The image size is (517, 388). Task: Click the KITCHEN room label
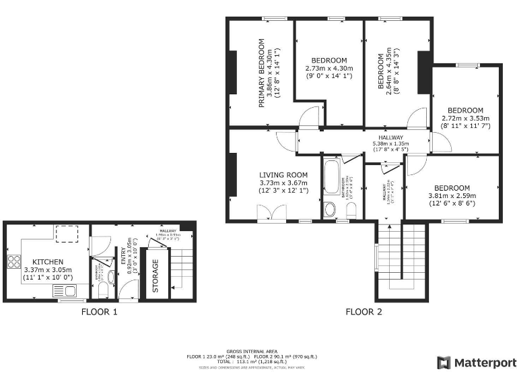tap(48, 261)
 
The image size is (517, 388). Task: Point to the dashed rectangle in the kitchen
tap(67, 233)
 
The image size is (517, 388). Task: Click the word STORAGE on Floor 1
tap(156, 276)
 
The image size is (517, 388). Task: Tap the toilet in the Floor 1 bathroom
tap(102, 290)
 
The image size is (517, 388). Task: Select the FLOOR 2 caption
tap(364, 312)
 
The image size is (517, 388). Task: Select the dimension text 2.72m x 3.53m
tap(465, 119)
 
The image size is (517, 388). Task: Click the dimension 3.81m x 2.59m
tap(452, 197)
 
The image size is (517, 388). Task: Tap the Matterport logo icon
tap(444, 363)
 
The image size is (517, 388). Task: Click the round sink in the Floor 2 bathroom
tap(330, 209)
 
